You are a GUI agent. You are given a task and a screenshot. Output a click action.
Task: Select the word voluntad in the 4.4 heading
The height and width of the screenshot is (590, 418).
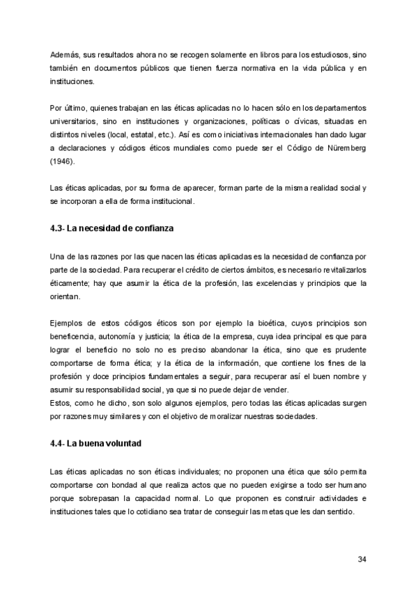pos(127,442)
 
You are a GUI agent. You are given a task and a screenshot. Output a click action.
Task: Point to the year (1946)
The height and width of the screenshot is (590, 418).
pos(62,161)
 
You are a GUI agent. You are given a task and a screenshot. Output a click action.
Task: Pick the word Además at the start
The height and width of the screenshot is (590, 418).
pos(65,54)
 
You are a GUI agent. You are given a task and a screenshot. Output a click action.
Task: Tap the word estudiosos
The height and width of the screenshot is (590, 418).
pos(325,54)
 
